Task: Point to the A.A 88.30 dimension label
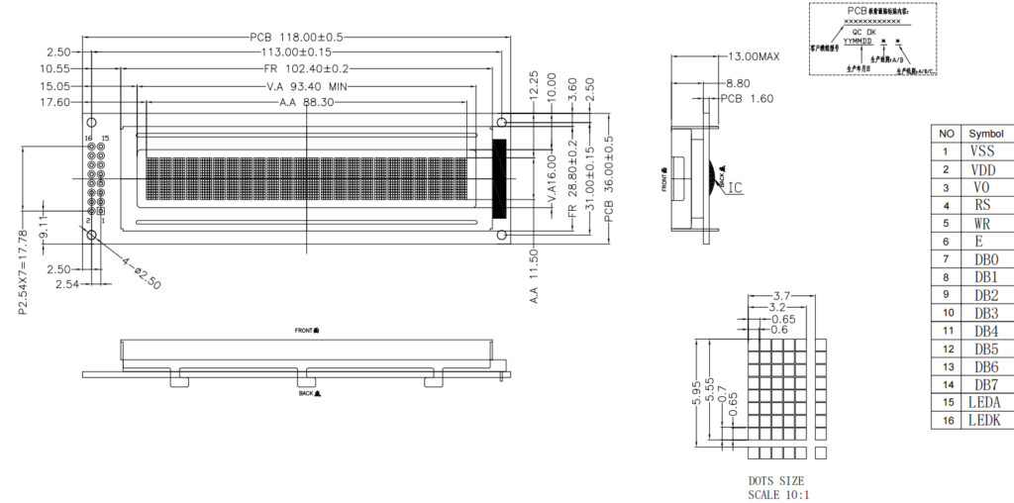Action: pyautogui.click(x=304, y=102)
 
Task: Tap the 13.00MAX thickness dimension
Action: pyautogui.click(x=754, y=56)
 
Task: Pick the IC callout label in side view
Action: pyautogui.click(x=736, y=188)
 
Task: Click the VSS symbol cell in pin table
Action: pyautogui.click(x=982, y=151)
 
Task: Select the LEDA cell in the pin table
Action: pyautogui.click(x=985, y=402)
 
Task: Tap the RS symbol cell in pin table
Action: pyautogui.click(x=982, y=205)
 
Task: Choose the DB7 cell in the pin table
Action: pyautogui.click(x=985, y=384)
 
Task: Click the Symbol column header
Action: pyautogui.click(x=985, y=134)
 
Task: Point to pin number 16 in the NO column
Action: pyautogui.click(x=947, y=421)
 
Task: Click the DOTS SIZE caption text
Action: pyautogui.click(x=776, y=481)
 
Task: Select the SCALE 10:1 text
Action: pyautogui.click(x=778, y=494)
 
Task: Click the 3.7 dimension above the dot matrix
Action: pyautogui.click(x=780, y=296)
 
